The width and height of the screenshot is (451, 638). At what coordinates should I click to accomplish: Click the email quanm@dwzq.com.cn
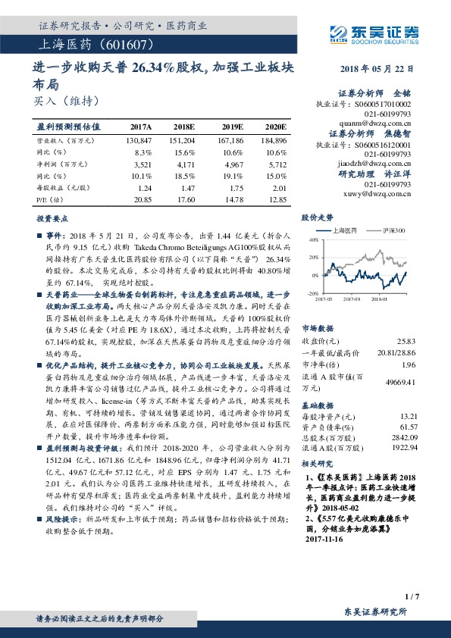(x=379, y=120)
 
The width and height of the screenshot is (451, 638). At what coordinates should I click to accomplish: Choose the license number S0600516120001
(x=382, y=144)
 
